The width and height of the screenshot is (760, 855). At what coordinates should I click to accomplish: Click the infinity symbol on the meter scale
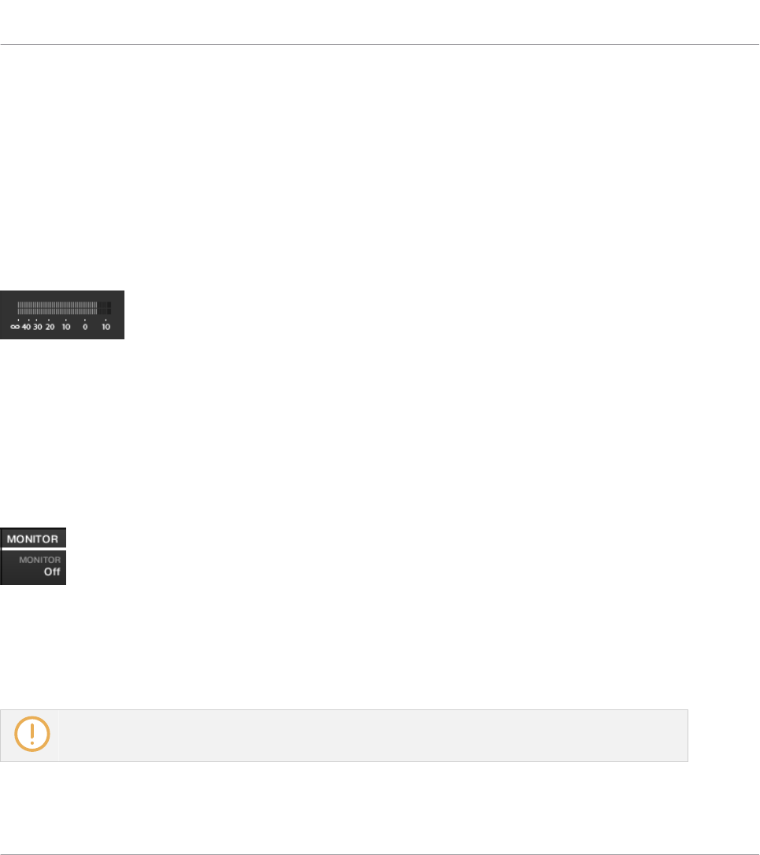[14, 327]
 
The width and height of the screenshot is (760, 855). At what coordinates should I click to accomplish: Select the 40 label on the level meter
[26, 327]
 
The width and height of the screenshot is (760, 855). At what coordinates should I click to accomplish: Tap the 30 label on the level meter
[37, 327]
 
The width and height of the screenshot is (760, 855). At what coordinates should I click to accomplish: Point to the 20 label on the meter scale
[50, 327]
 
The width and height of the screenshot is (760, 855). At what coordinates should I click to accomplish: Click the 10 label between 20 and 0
[66, 327]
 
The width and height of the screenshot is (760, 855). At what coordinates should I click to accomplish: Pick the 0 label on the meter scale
[85, 327]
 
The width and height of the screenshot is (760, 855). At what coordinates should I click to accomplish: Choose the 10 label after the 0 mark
[106, 327]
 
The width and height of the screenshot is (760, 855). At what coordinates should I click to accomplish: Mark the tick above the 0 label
[85, 320]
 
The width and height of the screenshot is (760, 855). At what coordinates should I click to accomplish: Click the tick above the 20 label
[49, 320]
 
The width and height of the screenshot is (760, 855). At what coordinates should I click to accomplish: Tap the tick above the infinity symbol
[18, 320]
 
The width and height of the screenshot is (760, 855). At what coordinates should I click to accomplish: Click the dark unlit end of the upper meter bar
[104, 304]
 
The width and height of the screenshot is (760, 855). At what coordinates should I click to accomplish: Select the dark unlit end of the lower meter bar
[104, 311]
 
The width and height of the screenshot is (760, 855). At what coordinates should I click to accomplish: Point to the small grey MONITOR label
[46, 560]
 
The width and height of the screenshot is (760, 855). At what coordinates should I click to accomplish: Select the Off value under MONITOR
[52, 572]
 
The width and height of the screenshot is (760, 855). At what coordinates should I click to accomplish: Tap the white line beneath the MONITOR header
[33, 547]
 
